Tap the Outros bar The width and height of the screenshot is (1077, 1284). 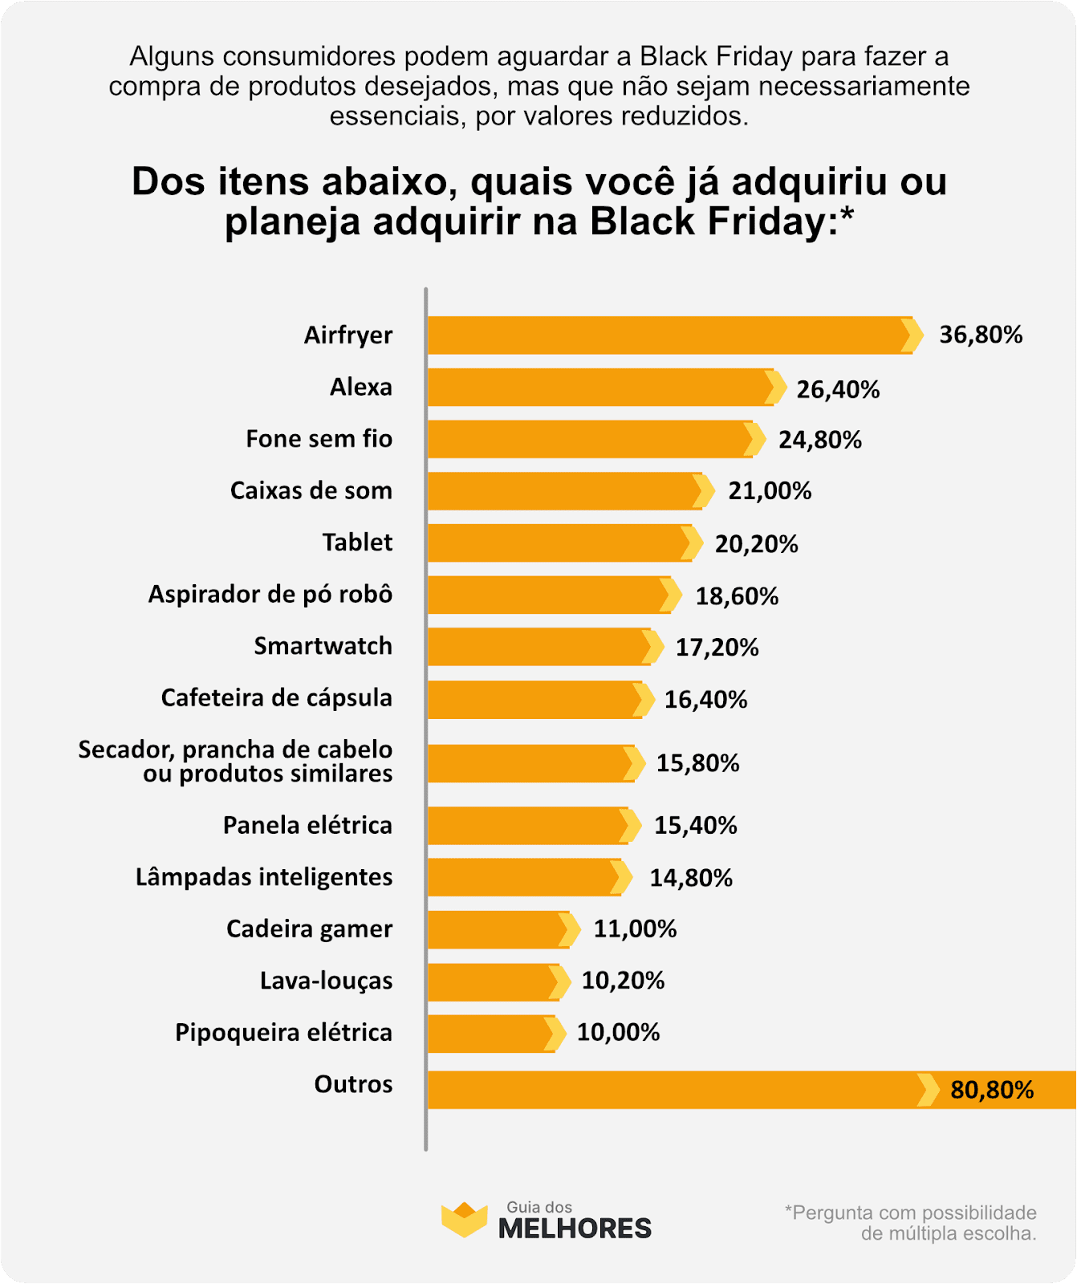pos(674,1090)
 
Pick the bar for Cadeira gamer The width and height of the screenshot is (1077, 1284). pos(498,929)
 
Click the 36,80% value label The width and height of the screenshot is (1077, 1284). pos(981,335)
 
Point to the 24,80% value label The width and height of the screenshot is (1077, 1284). pos(819,440)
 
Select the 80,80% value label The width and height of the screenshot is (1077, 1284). pos(992,1090)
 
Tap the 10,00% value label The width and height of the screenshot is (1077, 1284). pos(618,1032)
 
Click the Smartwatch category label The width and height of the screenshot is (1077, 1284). pos(323,646)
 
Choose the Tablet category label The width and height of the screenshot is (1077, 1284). pos(357,542)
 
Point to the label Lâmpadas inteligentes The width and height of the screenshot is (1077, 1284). pos(264,877)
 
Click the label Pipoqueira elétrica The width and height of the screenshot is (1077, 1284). pos(283,1032)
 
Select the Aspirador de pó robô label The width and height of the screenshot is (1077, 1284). pos(270,595)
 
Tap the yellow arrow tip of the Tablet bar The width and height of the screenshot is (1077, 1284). pos(691,543)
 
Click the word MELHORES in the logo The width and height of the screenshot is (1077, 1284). pos(575,1229)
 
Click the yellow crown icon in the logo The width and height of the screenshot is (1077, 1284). pos(464,1220)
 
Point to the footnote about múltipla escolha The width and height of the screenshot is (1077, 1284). pos(910,1223)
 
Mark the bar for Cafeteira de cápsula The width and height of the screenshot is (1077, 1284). pos(534,699)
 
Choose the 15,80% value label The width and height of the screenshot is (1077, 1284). pos(697,763)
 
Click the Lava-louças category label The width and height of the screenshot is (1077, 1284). pos(326,981)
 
